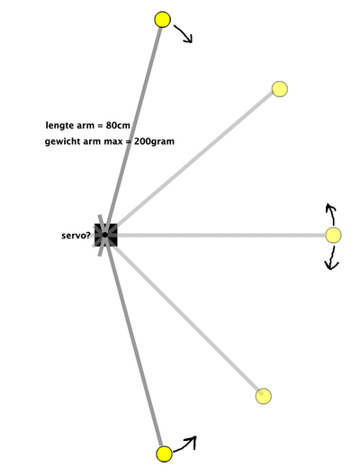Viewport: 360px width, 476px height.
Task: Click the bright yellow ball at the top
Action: click(162, 20)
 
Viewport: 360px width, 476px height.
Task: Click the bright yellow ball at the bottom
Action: click(164, 454)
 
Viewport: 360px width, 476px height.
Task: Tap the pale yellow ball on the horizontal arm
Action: click(333, 235)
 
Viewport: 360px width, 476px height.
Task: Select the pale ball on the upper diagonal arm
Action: click(279, 89)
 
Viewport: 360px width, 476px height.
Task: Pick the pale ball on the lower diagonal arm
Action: click(263, 396)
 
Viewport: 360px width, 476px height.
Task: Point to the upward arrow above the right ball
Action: click(332, 214)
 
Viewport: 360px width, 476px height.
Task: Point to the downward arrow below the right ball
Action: click(332, 258)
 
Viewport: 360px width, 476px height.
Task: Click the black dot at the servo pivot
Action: click(104, 235)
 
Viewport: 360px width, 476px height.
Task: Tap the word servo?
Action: click(76, 236)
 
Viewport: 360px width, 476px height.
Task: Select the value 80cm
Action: click(118, 125)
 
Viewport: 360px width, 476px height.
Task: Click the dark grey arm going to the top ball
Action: click(132, 128)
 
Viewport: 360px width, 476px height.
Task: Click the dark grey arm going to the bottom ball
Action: click(134, 343)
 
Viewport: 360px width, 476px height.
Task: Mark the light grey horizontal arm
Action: click(220, 235)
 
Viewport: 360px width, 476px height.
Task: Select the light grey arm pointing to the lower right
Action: click(185, 318)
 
